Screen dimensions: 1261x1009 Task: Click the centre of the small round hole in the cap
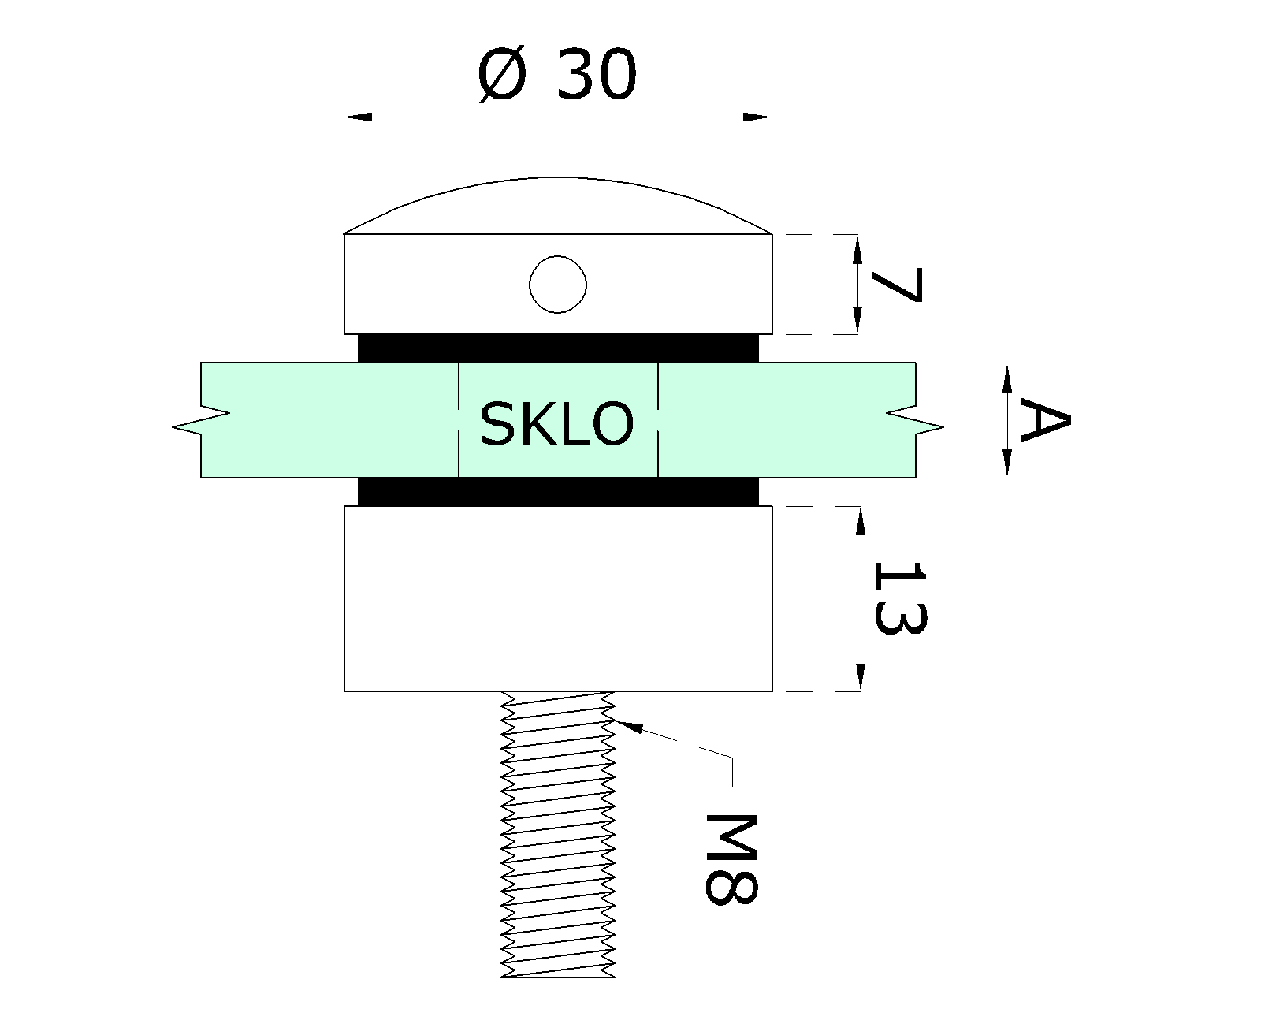(x=557, y=285)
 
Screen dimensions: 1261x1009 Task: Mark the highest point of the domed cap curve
(x=557, y=177)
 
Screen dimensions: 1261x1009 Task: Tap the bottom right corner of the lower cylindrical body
(x=772, y=691)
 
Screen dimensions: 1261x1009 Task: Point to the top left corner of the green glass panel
(x=201, y=363)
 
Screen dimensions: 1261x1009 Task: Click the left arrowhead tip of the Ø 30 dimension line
(x=344, y=117)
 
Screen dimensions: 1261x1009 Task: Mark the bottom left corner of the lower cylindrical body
(x=344, y=691)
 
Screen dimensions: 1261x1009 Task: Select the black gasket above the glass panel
(x=558, y=348)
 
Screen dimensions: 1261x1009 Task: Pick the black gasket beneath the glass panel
(x=558, y=492)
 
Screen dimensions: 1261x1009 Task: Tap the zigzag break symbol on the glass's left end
(x=201, y=420)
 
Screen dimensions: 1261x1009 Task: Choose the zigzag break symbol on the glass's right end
(x=915, y=420)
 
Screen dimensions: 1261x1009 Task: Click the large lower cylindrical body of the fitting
(x=558, y=598)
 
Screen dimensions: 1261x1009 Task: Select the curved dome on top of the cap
(x=558, y=205)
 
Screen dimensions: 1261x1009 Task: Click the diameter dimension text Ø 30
(x=557, y=75)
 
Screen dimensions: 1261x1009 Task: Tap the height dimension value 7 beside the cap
(x=897, y=285)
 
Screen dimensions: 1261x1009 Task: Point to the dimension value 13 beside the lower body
(x=899, y=598)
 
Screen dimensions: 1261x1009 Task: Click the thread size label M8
(x=731, y=859)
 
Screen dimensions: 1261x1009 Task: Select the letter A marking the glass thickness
(x=1046, y=420)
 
